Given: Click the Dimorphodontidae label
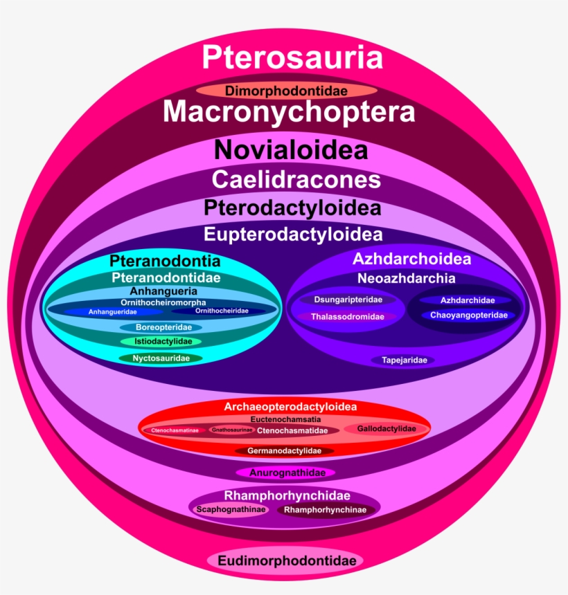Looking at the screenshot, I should [x=286, y=91].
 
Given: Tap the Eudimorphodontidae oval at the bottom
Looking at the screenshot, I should [x=287, y=560].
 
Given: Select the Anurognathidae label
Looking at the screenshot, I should [x=285, y=473].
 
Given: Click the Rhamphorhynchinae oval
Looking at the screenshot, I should [x=326, y=510].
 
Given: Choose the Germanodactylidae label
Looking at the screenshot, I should [x=285, y=450].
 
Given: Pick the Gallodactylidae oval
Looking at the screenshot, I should [x=387, y=429].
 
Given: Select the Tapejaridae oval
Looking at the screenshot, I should [x=404, y=360].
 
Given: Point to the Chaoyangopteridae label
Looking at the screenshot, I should [x=469, y=315].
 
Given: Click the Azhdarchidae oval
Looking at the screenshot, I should [x=468, y=300].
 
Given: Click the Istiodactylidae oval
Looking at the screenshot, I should [x=161, y=341].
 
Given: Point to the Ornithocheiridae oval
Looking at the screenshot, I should [x=222, y=311].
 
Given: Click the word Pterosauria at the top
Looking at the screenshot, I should [x=292, y=57].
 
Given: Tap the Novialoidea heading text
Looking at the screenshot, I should [x=290, y=150].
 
